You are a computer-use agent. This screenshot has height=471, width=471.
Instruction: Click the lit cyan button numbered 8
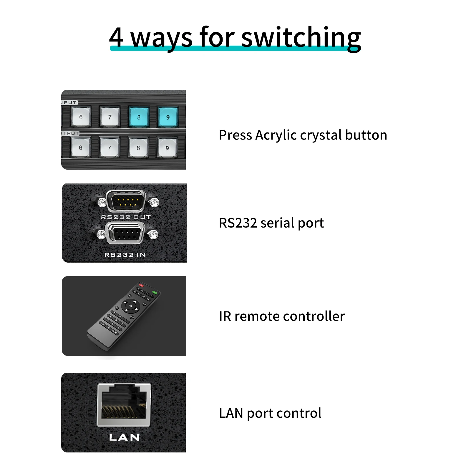pos(139,117)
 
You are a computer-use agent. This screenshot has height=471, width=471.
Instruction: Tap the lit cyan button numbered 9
pos(168,117)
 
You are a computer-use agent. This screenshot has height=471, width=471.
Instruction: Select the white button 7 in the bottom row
pos(110,147)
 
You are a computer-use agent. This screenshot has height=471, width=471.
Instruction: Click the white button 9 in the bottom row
pos(167,148)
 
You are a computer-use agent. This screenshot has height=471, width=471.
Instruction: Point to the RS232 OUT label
pos(126,217)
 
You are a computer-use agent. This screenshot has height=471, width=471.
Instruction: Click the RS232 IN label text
pos(125,255)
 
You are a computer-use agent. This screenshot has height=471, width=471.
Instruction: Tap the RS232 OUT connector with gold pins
pos(126,201)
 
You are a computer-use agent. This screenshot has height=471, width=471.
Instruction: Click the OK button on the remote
pos(131,306)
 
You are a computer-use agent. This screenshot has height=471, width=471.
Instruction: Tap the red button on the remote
pos(141,285)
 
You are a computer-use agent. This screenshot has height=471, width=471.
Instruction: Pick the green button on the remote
pos(155,293)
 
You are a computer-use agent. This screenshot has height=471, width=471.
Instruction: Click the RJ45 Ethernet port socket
pos(124,404)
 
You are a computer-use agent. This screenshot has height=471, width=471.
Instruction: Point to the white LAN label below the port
pos(124,437)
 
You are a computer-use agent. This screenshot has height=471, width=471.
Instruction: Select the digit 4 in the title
pos(116,38)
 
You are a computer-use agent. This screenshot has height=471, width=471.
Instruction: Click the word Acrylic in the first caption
pos(276,135)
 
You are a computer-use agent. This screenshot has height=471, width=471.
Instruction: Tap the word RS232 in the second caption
pos(238,223)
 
